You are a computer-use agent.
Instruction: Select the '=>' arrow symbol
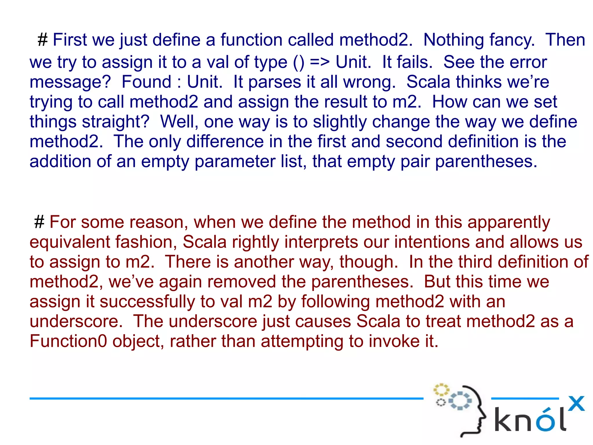tap(320, 62)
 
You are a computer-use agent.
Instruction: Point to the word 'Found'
tap(146, 82)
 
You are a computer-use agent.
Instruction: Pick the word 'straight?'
tap(89, 122)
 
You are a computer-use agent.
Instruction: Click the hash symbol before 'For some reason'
tap(39, 222)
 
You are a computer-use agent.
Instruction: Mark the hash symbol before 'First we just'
tap(43, 40)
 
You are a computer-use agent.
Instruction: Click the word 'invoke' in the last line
tap(394, 341)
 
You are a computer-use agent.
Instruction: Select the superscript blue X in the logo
tap(576, 404)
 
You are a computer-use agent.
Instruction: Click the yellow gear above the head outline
tap(441, 390)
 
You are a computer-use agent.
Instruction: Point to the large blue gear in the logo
tap(460, 401)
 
